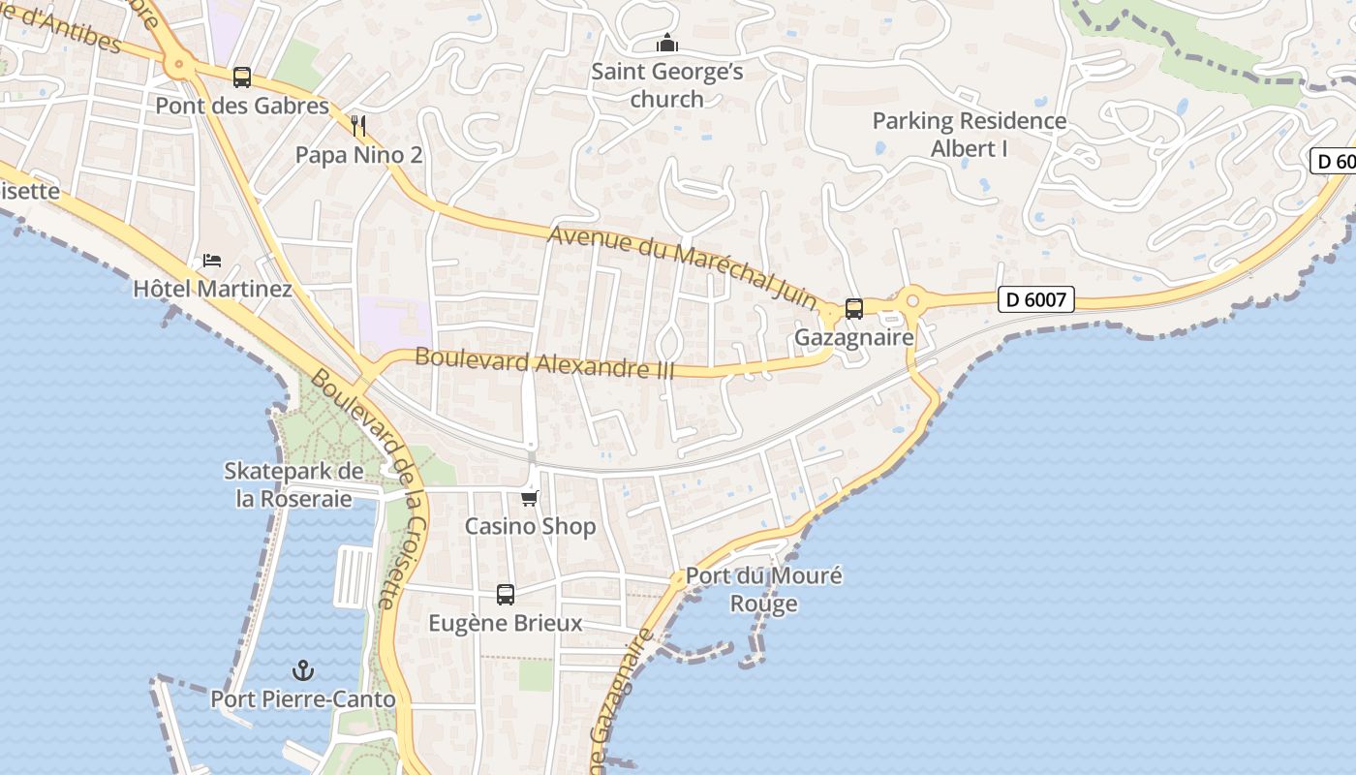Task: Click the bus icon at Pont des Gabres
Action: pos(242,77)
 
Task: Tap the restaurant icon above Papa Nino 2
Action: pos(358,125)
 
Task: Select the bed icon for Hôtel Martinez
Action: pos(212,261)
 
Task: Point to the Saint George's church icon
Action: pos(667,44)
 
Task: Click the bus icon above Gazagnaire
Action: pos(853,309)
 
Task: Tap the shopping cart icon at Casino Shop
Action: pos(529,498)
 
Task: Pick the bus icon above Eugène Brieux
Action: pos(506,595)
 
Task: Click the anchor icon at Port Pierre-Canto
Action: pos(303,670)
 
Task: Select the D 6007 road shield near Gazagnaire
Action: pos(1035,300)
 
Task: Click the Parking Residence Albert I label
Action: pos(970,135)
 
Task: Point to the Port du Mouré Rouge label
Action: pos(764,589)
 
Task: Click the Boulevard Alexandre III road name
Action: pos(543,363)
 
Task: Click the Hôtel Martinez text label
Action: pos(212,289)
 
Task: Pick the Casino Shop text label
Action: pos(530,526)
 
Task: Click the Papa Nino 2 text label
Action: pos(358,154)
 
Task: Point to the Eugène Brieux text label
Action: pos(506,623)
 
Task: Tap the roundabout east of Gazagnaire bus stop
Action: pos(911,301)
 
